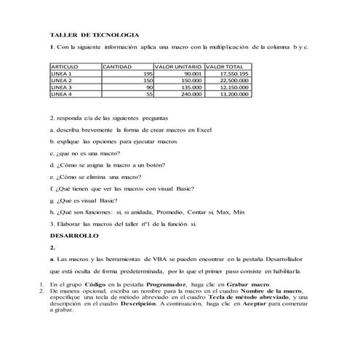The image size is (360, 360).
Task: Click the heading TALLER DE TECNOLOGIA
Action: tap(94, 35)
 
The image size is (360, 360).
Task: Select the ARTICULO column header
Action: tap(64, 66)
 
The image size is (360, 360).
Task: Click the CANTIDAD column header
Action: tap(117, 66)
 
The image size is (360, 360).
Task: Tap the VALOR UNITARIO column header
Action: tap(178, 66)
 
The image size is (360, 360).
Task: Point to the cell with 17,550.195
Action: tap(234, 73)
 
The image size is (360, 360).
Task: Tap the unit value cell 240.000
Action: tap(191, 94)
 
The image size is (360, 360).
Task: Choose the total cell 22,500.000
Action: tap(234, 80)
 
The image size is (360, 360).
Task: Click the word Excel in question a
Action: tap(204, 128)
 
